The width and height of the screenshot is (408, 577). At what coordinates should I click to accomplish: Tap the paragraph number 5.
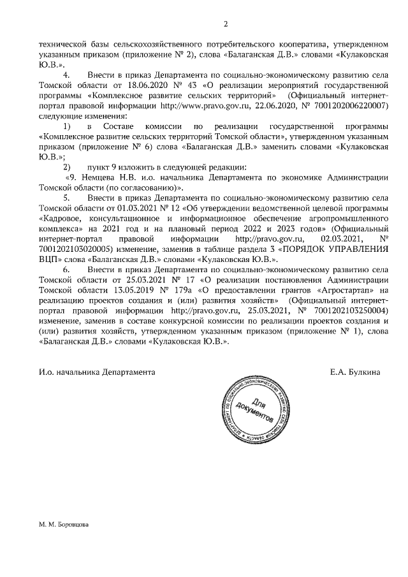pyautogui.click(x=67, y=197)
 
